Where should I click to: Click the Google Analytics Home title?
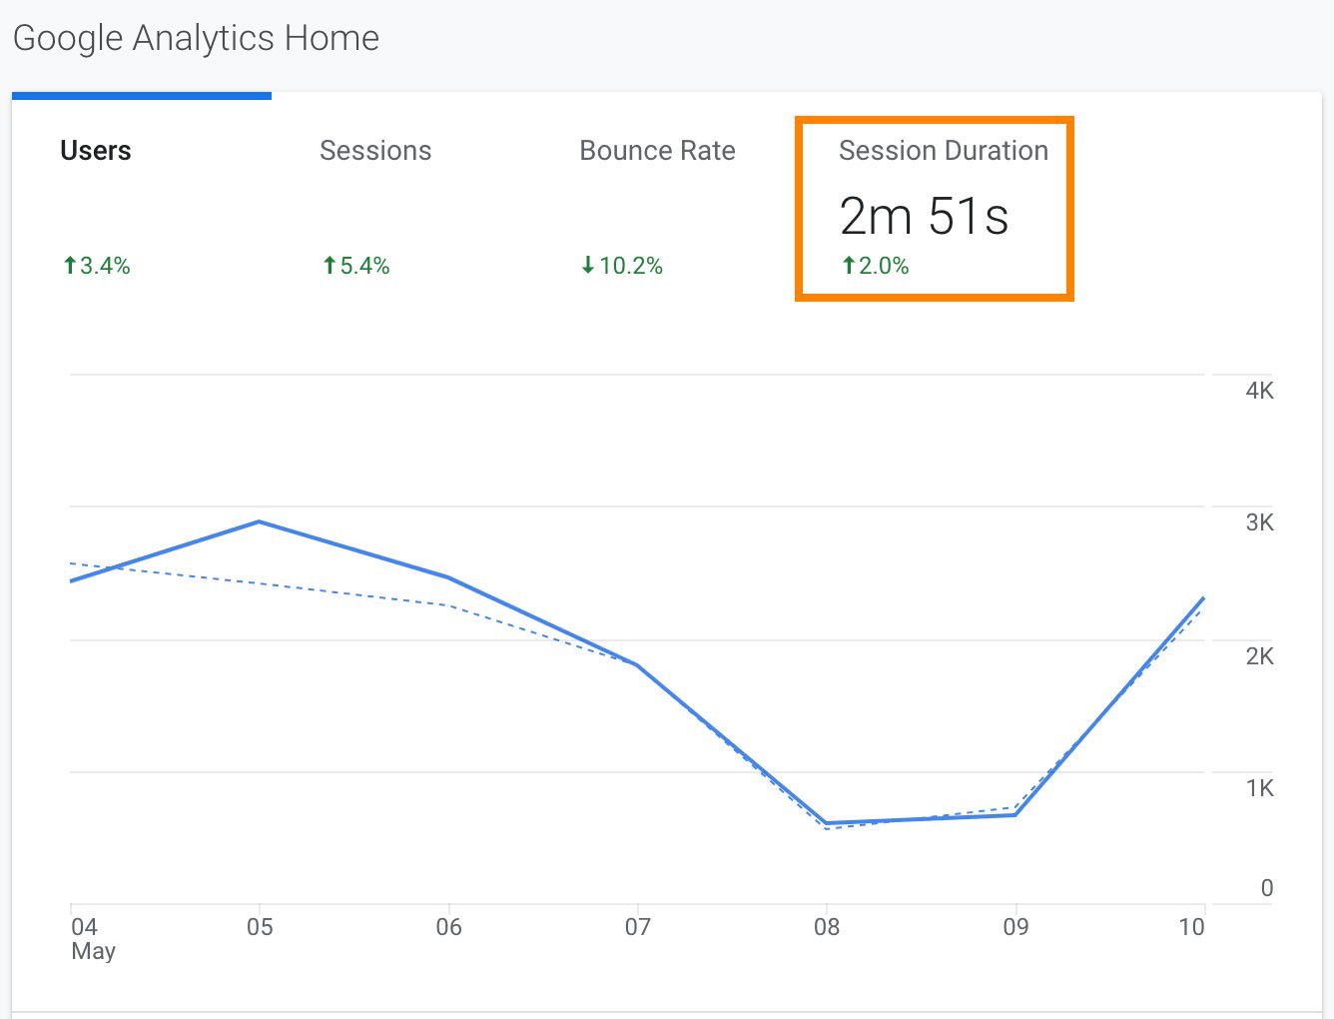click(x=196, y=38)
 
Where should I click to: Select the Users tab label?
click(x=96, y=151)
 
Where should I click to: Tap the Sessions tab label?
click(x=375, y=151)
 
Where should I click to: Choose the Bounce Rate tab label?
click(x=657, y=151)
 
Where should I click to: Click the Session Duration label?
click(x=944, y=151)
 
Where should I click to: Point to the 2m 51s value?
click(x=924, y=216)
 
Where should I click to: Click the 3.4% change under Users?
click(x=97, y=266)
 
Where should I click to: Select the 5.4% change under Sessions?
click(x=356, y=266)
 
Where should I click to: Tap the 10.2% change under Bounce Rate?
click(x=622, y=266)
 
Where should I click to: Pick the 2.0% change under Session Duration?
click(x=876, y=266)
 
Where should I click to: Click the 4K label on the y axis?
click(x=1259, y=391)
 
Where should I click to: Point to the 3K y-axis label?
click(x=1259, y=522)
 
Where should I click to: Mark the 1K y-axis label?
click(x=1259, y=788)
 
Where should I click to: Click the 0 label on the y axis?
click(x=1266, y=888)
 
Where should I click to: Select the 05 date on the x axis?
click(x=260, y=927)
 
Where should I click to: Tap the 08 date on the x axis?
click(x=827, y=927)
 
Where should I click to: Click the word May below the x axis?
click(x=93, y=951)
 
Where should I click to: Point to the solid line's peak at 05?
click(x=260, y=521)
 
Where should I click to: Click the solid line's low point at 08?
click(x=827, y=823)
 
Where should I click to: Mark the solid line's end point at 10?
click(x=1203, y=598)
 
